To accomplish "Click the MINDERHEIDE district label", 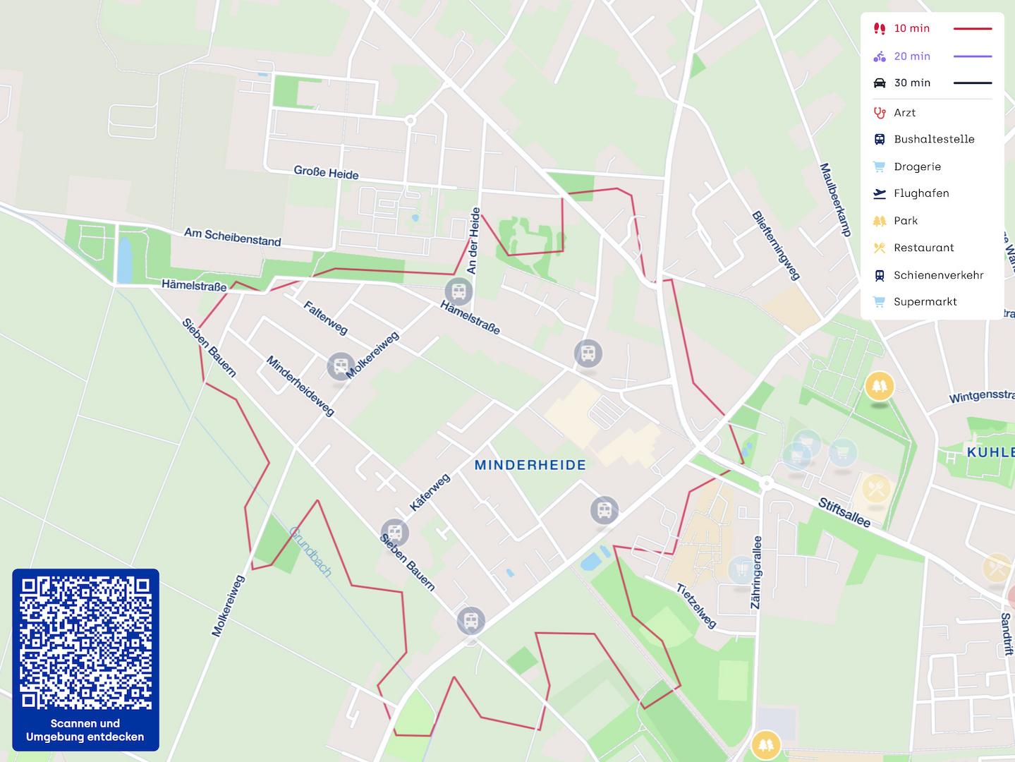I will coord(530,465).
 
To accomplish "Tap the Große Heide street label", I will coord(326,172).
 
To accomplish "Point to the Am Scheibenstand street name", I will coord(232,236).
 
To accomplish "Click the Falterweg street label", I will coord(325,317).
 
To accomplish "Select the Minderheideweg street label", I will coord(300,385).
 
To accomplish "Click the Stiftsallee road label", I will coord(844,513).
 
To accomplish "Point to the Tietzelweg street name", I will coord(696,605).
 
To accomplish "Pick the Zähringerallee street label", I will coord(756,572).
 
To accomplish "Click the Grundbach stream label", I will coord(310,551).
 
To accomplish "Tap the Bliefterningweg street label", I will coord(776,246).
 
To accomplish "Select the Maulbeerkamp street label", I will coord(835,200).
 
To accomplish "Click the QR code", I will coord(85,643).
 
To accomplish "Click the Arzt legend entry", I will coord(904,113).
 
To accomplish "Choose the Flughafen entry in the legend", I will coord(920,193).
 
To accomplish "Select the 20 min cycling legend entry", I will coord(911,56).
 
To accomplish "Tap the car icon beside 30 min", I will coord(880,83).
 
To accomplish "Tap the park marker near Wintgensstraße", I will coord(879,386).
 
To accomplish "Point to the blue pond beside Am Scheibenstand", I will coord(124,260).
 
